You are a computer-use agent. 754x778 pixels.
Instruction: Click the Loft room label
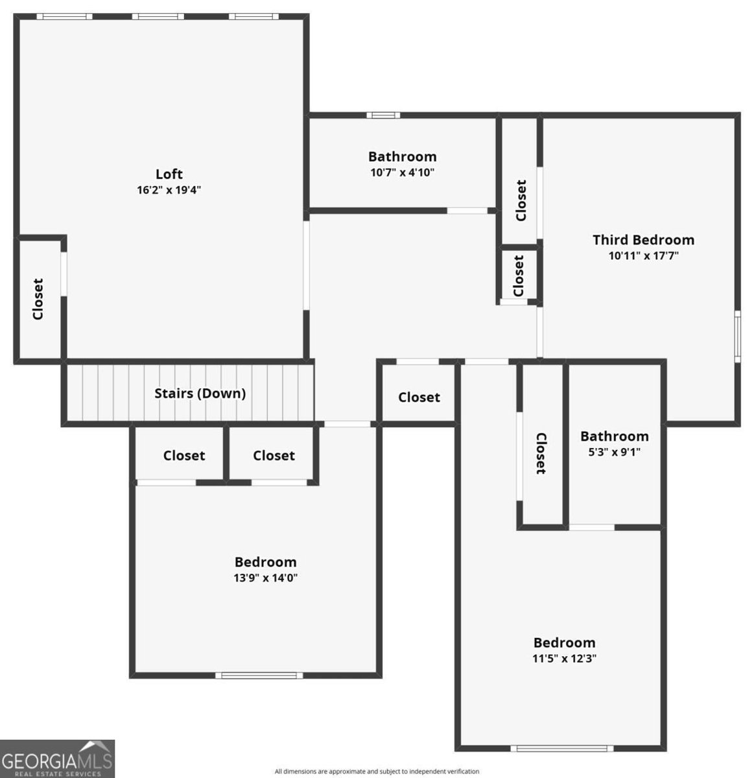(x=169, y=174)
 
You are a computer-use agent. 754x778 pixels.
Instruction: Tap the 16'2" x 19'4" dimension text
(x=169, y=190)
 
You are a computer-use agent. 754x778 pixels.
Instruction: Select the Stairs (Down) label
(x=200, y=393)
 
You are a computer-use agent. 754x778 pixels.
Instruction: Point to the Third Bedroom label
(x=643, y=240)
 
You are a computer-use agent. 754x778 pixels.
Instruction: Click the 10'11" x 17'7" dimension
(x=643, y=255)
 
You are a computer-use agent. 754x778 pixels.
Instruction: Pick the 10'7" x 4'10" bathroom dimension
(x=402, y=172)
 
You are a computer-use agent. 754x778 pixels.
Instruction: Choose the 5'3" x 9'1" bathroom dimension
(x=614, y=452)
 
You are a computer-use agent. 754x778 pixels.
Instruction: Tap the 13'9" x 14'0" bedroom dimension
(x=265, y=578)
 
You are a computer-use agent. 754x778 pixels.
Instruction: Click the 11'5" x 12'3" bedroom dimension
(x=564, y=658)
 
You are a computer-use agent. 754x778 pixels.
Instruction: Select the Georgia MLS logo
(x=57, y=759)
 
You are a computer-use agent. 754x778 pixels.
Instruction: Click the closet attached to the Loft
(x=38, y=299)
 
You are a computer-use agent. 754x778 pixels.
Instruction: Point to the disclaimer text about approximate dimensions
(x=377, y=772)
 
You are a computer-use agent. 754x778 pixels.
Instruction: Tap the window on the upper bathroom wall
(x=383, y=115)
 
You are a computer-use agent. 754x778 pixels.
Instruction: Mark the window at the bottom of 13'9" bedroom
(x=259, y=676)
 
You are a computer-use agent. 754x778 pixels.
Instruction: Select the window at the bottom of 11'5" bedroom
(x=561, y=748)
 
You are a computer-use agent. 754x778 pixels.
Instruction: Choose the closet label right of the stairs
(x=419, y=397)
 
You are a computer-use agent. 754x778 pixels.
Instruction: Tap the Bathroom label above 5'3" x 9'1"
(x=614, y=436)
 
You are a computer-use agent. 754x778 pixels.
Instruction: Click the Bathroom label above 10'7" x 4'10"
(x=402, y=156)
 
